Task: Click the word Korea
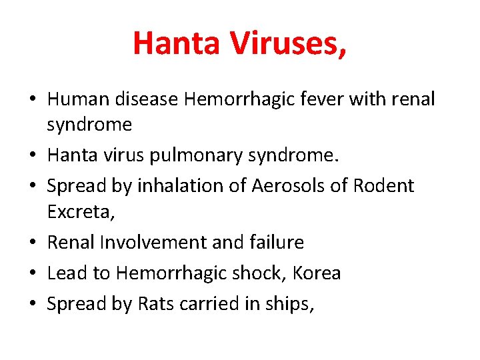pos(316,273)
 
